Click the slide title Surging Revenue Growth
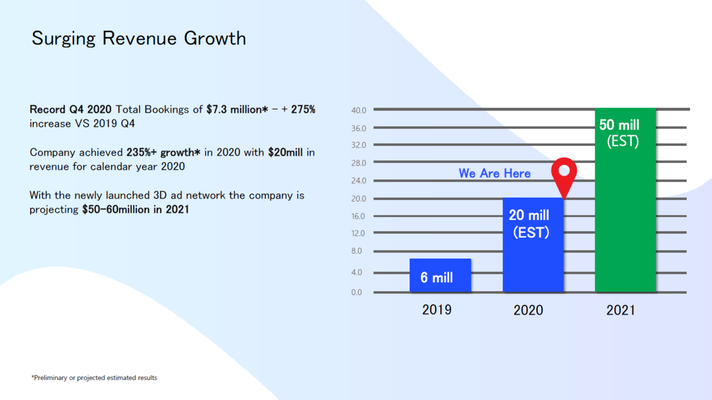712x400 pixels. [x=138, y=39]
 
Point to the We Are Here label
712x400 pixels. [x=494, y=173]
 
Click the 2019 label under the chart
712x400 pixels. [x=437, y=310]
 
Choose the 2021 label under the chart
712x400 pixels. [x=621, y=310]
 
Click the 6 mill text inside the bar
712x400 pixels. [x=437, y=277]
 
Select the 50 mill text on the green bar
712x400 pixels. [x=619, y=126]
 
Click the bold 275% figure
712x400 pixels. [x=303, y=110]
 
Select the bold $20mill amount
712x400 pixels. [x=285, y=153]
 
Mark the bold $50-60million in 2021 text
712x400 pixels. [x=135, y=209]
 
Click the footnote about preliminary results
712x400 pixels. [x=94, y=377]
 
